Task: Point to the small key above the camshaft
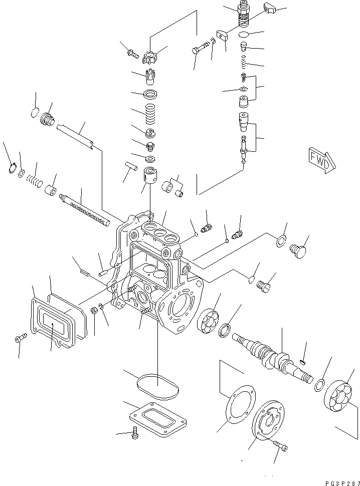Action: tap(302, 361)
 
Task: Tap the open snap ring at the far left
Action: tap(12, 170)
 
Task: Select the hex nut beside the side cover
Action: tap(94, 311)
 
